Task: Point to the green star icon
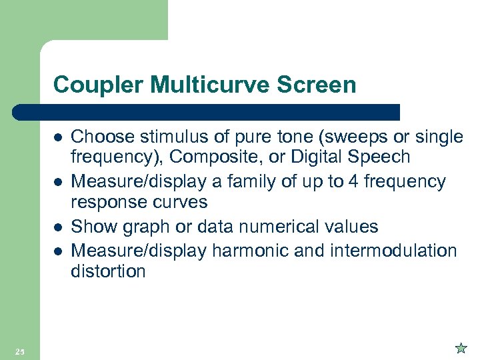[x=460, y=347]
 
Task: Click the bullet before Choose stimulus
[x=58, y=137]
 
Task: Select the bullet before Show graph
[x=58, y=227]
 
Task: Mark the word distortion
[x=109, y=271]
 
